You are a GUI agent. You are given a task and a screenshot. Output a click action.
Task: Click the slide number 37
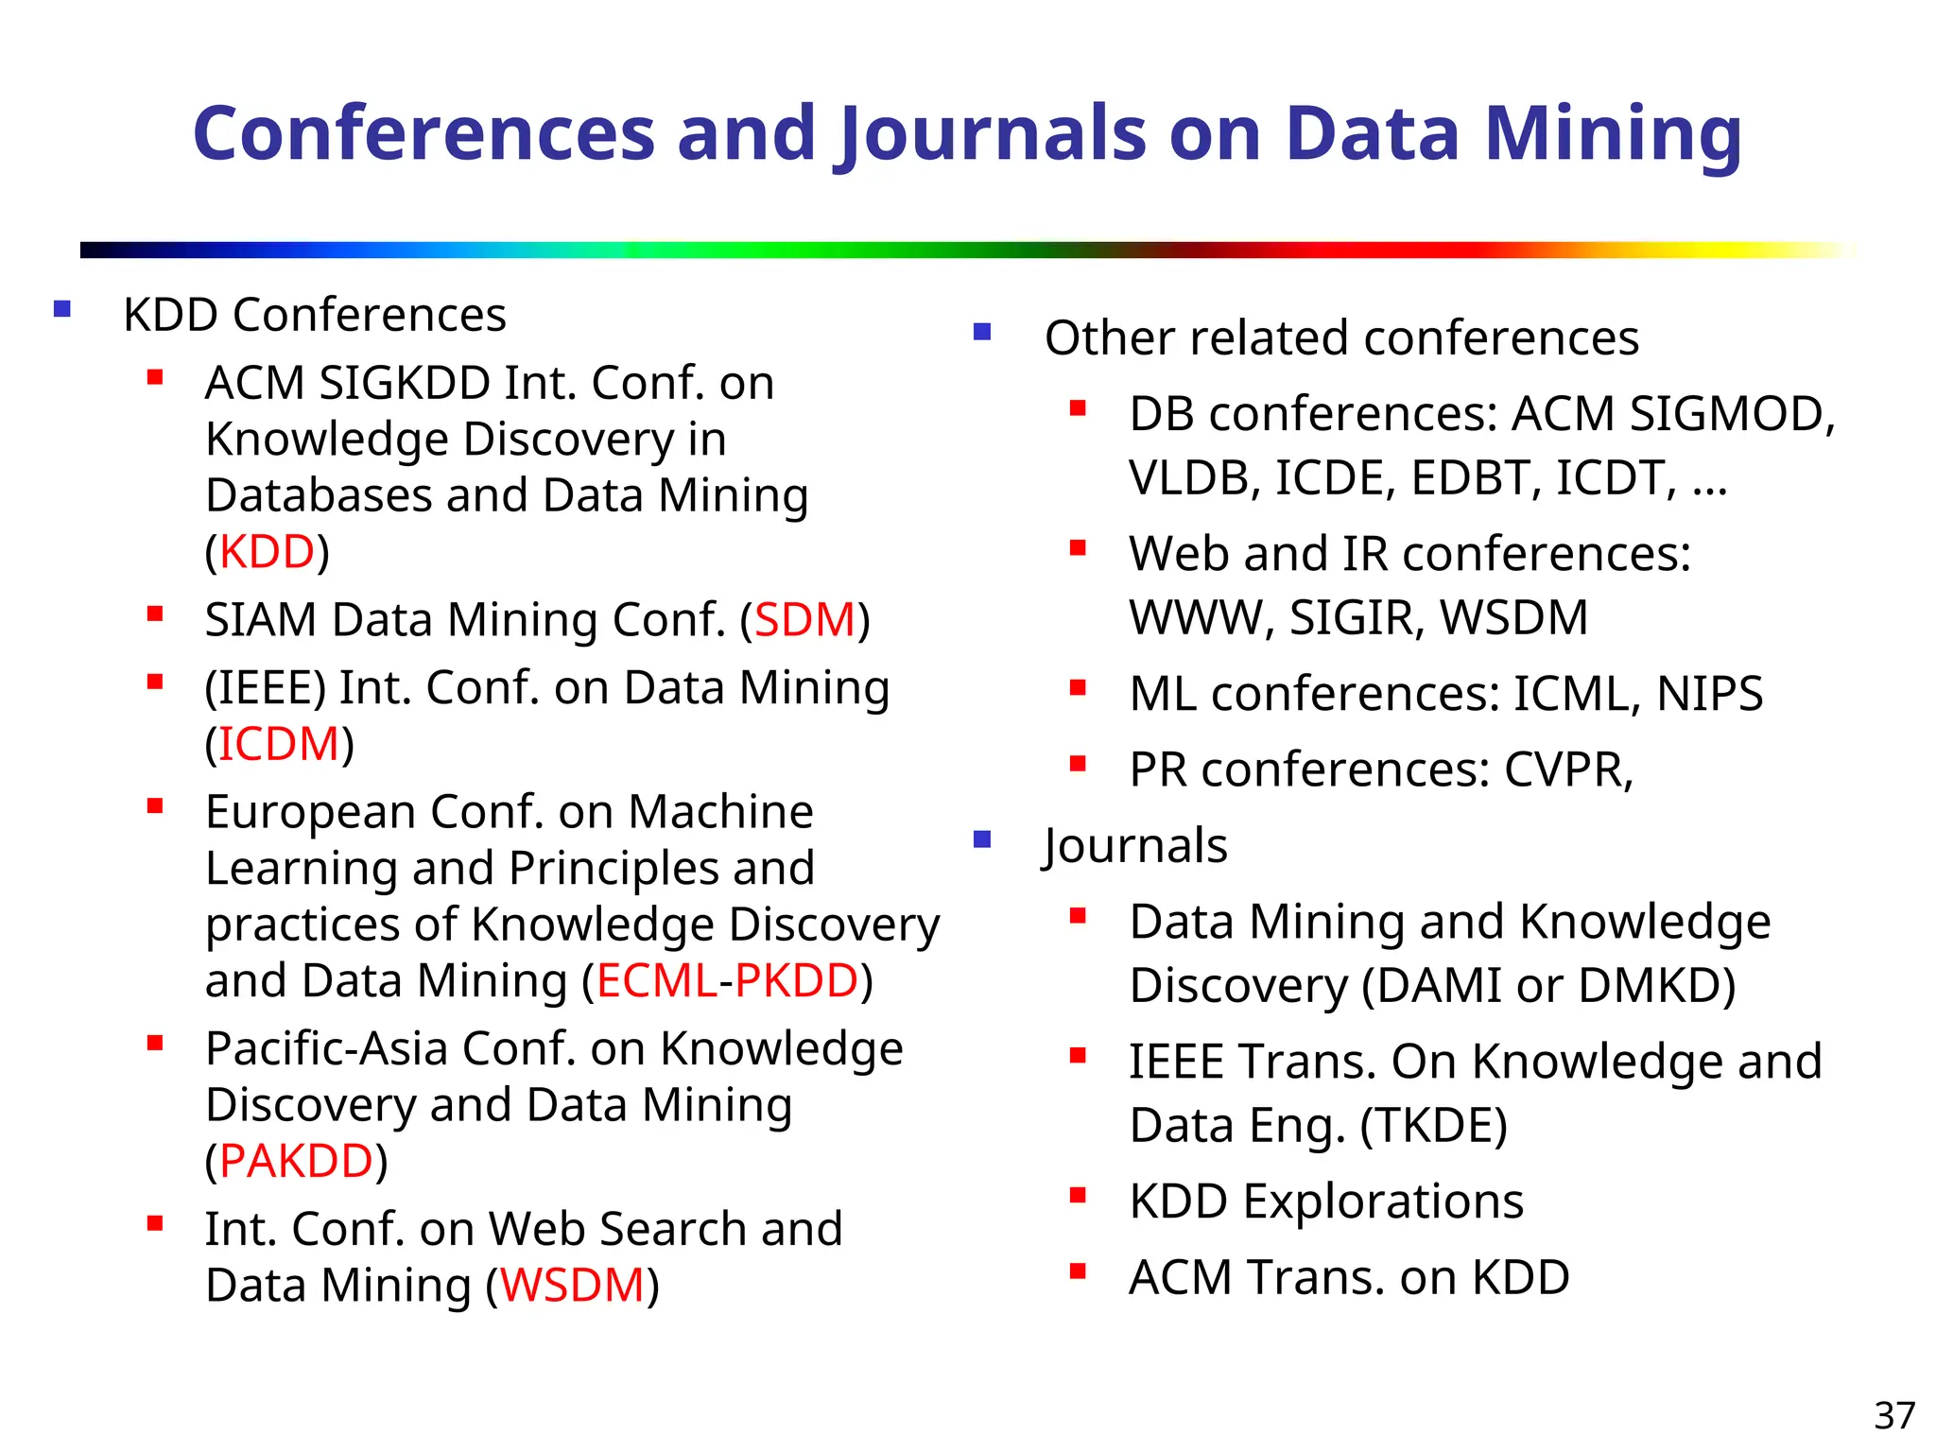click(x=1894, y=1415)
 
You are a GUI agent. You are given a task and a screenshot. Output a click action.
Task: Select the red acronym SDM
click(x=804, y=620)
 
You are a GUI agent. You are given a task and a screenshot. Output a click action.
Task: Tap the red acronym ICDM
click(x=279, y=744)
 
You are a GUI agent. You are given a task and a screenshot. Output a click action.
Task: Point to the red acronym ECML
click(x=656, y=980)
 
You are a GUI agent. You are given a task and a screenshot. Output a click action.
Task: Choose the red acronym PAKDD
click(x=296, y=1161)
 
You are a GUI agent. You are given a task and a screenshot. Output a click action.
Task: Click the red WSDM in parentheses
click(x=572, y=1286)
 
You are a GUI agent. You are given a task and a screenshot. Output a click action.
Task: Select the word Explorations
click(x=1382, y=1201)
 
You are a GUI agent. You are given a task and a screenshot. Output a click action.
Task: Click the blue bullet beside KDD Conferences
click(x=62, y=309)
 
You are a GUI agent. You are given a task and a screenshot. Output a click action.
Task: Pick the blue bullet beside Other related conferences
click(x=982, y=332)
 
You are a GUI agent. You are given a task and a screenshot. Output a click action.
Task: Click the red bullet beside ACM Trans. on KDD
click(x=1078, y=1271)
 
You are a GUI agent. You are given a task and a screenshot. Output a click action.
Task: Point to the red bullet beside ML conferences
click(x=1078, y=688)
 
